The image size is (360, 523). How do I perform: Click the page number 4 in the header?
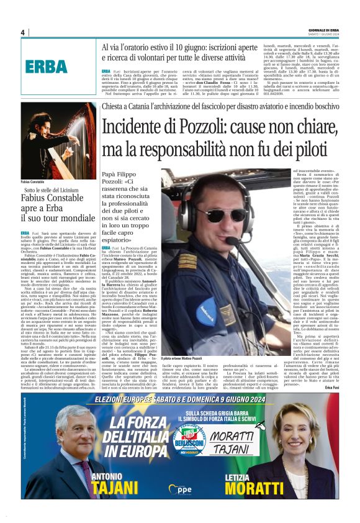pos(23,32)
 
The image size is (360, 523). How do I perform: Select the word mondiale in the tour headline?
pos(75,219)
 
